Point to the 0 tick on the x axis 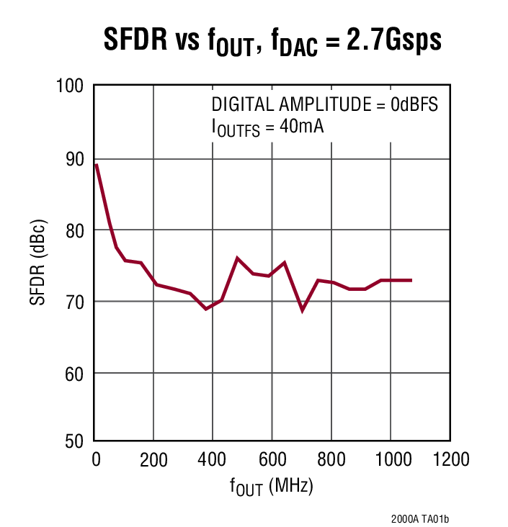(x=96, y=459)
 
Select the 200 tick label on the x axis (x=153, y=459)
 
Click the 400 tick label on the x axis (x=213, y=459)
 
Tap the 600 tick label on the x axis (x=272, y=459)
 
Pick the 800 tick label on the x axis (x=331, y=459)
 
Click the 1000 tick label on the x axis (x=390, y=459)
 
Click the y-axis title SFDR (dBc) (x=37, y=263)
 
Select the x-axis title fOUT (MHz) (x=272, y=487)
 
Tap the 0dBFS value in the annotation (x=414, y=104)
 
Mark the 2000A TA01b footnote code (x=425, y=518)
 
